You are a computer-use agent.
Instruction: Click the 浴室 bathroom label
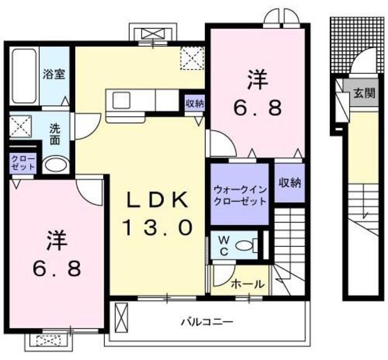[53, 75]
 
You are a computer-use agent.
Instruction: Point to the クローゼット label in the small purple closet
[23, 162]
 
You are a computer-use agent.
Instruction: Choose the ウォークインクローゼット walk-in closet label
[240, 195]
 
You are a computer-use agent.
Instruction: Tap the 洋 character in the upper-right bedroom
[256, 79]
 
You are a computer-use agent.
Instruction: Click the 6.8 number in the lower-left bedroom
[56, 268]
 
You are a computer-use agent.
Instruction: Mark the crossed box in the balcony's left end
[122, 316]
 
